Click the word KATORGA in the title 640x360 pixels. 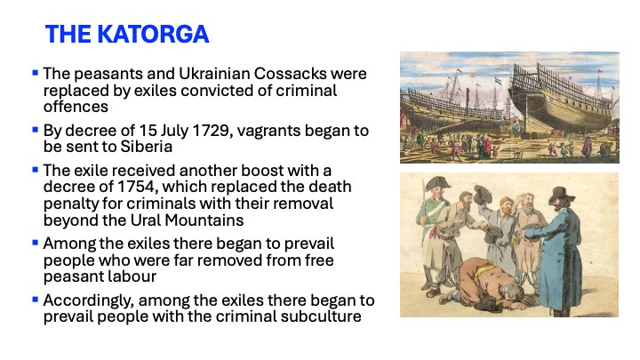click(153, 34)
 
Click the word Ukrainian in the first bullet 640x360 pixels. click(214, 74)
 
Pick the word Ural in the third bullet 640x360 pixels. click(145, 220)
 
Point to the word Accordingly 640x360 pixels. click(89, 300)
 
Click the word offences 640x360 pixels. click(76, 107)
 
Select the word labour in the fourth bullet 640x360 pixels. click(132, 276)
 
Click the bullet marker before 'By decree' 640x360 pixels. click(35, 130)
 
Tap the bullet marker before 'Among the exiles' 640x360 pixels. click(35, 243)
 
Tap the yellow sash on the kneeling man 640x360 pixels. click(482, 271)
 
